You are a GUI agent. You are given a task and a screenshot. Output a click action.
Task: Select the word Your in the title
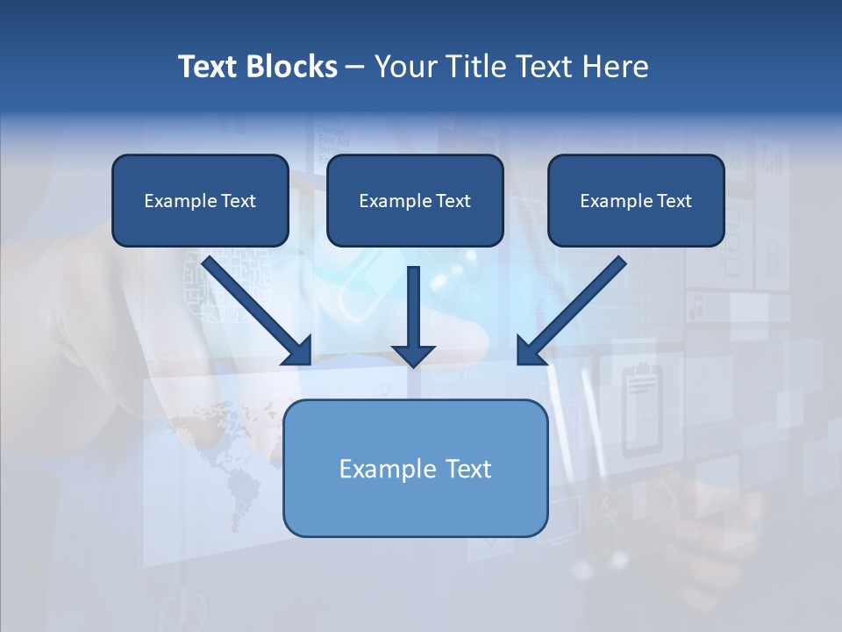[404, 67]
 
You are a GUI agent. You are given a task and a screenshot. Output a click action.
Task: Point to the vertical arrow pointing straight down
[413, 312]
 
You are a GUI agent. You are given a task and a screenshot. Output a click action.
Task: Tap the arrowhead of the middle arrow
[413, 355]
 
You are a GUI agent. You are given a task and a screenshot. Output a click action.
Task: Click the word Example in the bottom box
[376, 469]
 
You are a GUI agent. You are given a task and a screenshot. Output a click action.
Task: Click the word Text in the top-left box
[238, 201]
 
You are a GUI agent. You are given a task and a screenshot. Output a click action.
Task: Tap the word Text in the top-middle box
[453, 201]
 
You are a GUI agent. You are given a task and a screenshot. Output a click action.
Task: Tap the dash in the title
[355, 68]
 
